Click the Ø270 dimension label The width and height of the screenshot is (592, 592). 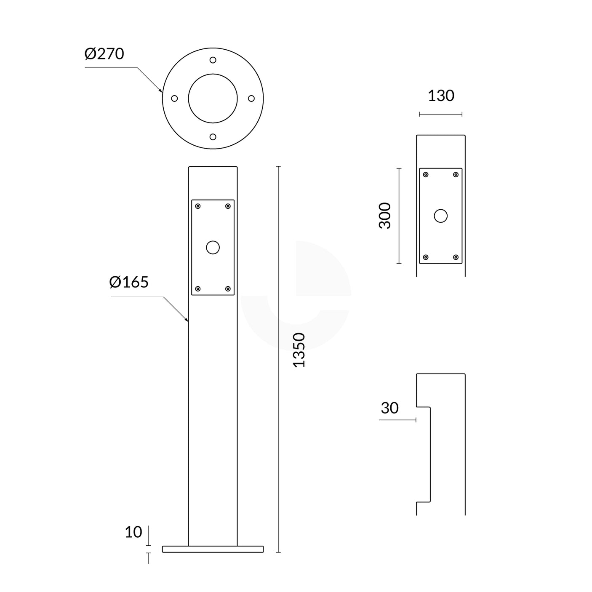pos(104,54)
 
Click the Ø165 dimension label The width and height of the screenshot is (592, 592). pos(128,282)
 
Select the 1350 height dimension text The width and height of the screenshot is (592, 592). pos(299,349)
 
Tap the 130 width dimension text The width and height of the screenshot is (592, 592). pos(441,96)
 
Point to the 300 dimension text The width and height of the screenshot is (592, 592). pos(385,216)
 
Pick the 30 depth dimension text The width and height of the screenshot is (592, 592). pos(389,408)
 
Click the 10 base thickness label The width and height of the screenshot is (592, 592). pos(133,532)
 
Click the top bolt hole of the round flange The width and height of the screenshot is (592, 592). pos(213,60)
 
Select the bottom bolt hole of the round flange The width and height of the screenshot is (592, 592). pos(213,137)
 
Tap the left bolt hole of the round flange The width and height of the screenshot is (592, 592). pos(174,99)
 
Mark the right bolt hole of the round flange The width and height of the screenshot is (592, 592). pos(251,99)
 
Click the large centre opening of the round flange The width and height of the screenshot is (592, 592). pos(213,99)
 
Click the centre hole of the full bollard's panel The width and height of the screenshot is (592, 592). pos(213,248)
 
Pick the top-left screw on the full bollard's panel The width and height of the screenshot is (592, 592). pos(198,206)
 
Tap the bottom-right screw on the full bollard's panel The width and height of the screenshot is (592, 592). pos(228,289)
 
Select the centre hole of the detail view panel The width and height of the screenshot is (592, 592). pos(441,216)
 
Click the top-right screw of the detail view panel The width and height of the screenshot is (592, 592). pos(456,175)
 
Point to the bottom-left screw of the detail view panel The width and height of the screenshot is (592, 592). pos(426,257)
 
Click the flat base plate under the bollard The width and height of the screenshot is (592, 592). pos(213,549)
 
